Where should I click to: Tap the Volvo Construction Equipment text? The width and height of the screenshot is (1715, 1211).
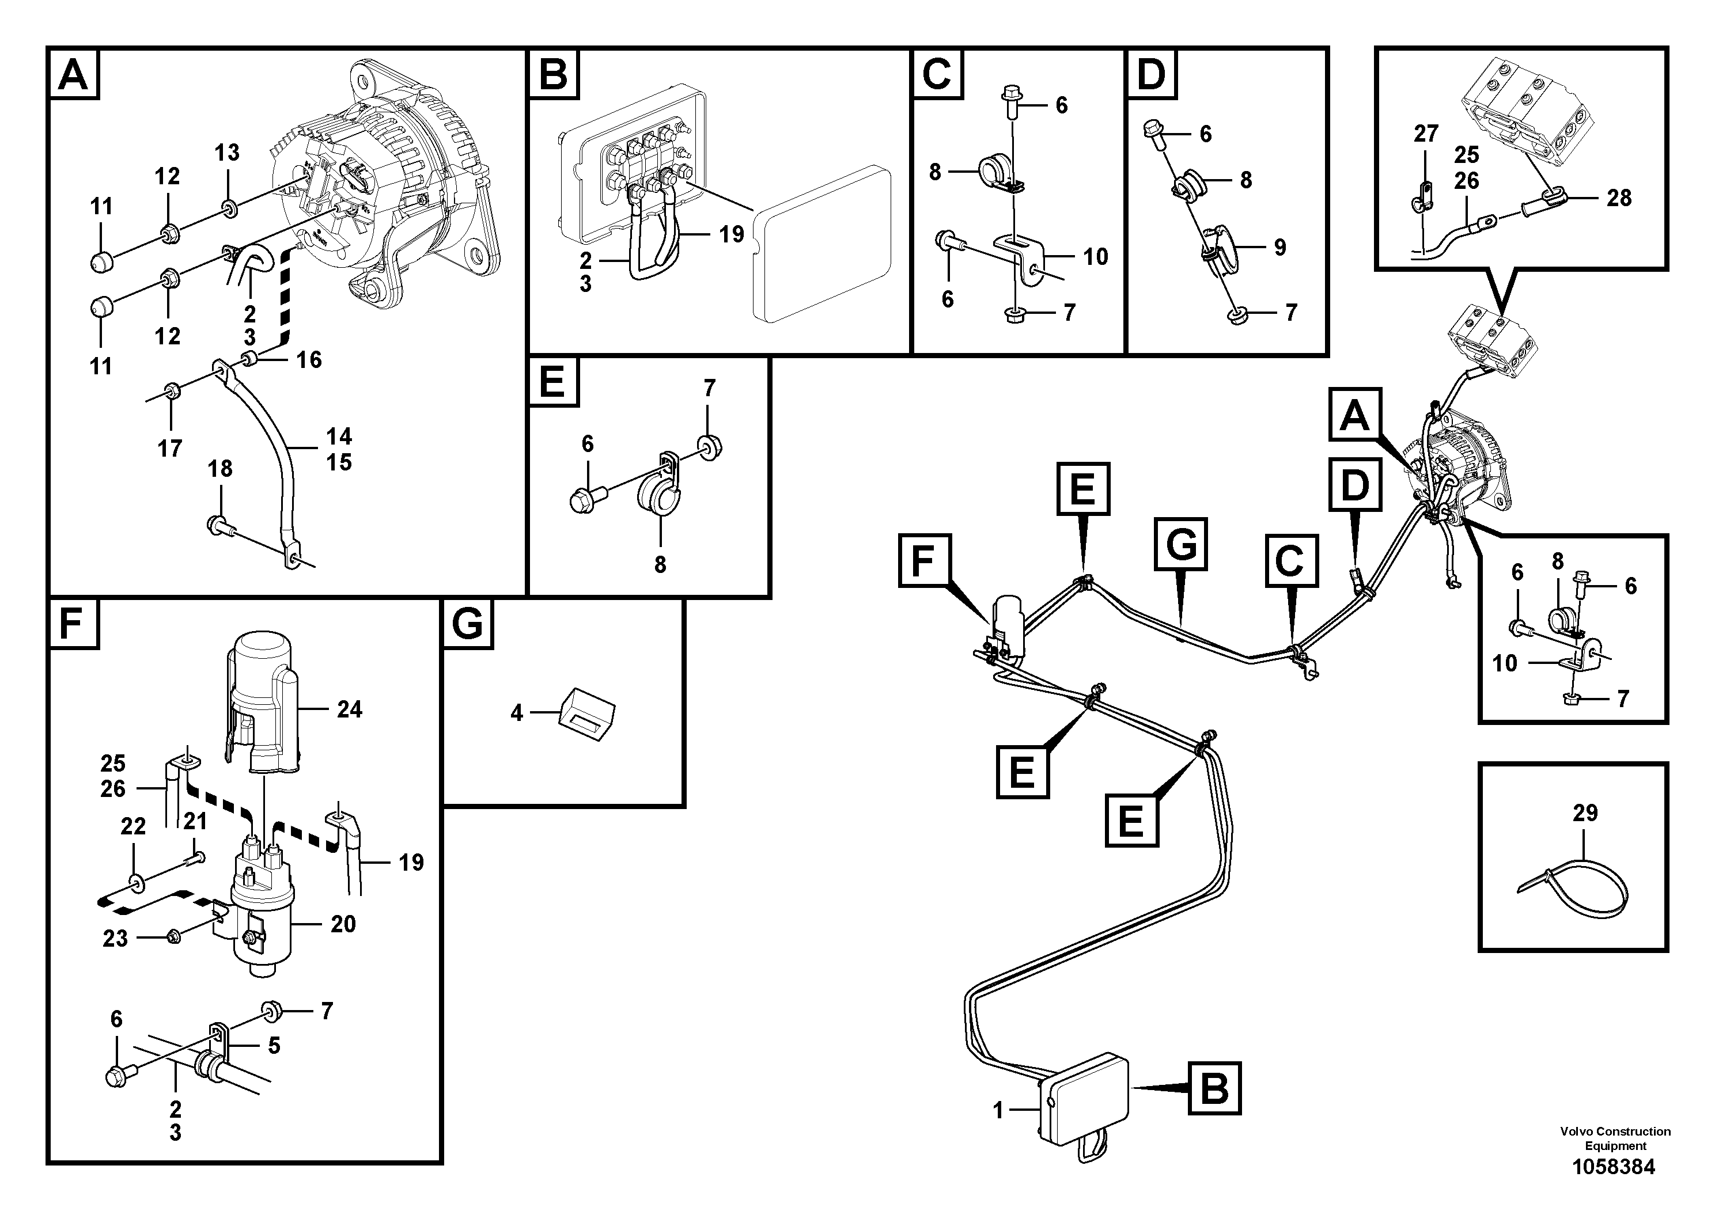tap(1615, 1138)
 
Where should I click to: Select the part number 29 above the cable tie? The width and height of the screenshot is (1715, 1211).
tap(1584, 813)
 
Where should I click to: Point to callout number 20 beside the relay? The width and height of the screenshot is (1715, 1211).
tap(343, 924)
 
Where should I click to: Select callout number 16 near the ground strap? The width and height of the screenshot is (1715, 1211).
tap(308, 360)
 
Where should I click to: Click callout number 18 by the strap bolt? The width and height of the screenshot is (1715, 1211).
tap(219, 468)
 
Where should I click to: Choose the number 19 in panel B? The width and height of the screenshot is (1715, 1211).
tap(731, 234)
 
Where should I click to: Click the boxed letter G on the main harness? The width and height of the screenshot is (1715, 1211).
tap(1181, 544)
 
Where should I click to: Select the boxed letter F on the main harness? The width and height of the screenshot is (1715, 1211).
tap(925, 560)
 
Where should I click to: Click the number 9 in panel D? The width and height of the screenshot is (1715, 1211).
tap(1279, 247)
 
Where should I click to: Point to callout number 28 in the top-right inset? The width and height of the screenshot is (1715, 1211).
tap(1619, 198)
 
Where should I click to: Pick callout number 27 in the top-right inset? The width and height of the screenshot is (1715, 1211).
tap(1426, 134)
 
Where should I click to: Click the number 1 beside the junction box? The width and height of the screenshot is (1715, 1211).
tap(998, 1111)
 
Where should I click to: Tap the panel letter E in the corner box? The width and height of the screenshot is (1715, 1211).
tap(552, 382)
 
